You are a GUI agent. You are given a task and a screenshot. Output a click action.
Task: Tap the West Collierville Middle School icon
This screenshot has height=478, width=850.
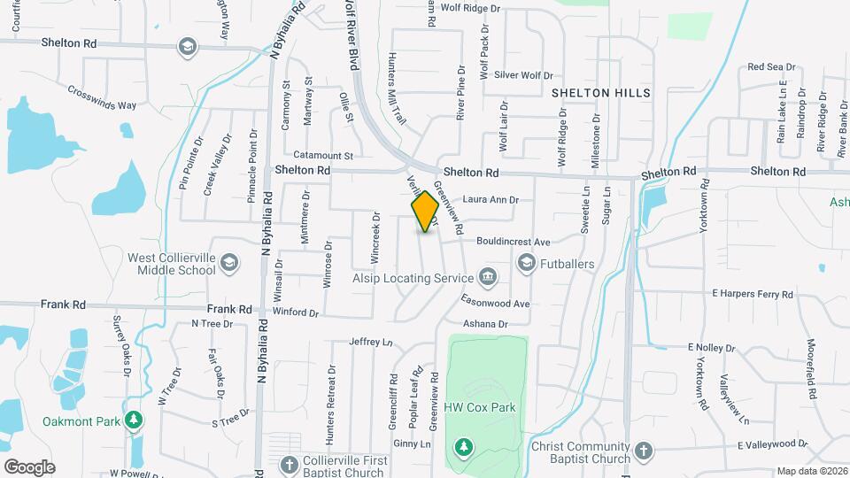click(229, 262)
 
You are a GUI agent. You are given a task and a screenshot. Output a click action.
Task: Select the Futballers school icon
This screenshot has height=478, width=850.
click(527, 263)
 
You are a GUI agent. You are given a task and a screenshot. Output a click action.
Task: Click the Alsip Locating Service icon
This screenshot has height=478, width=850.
click(487, 278)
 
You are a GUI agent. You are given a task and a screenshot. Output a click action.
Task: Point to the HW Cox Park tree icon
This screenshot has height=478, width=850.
click(461, 447)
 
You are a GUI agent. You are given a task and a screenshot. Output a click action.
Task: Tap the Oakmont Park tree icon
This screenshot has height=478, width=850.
click(133, 420)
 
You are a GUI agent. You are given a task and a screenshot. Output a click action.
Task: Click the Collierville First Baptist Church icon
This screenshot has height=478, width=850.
click(289, 465)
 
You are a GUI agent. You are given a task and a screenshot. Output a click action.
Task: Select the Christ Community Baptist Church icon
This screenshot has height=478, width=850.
click(643, 451)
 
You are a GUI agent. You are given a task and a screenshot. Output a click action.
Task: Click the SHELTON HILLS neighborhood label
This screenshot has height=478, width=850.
click(601, 92)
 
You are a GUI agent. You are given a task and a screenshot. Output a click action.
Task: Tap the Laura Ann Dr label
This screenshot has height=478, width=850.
click(490, 200)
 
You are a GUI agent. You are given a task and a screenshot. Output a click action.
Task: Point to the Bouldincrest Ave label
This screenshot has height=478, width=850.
click(514, 242)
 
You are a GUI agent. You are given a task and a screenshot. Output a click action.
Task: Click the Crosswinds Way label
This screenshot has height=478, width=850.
click(102, 98)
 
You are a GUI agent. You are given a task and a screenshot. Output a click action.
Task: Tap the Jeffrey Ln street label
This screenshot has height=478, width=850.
click(370, 341)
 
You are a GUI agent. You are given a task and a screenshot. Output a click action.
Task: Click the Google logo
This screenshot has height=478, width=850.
click(29, 467)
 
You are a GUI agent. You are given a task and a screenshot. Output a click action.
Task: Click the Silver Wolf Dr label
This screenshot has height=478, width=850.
click(523, 75)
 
